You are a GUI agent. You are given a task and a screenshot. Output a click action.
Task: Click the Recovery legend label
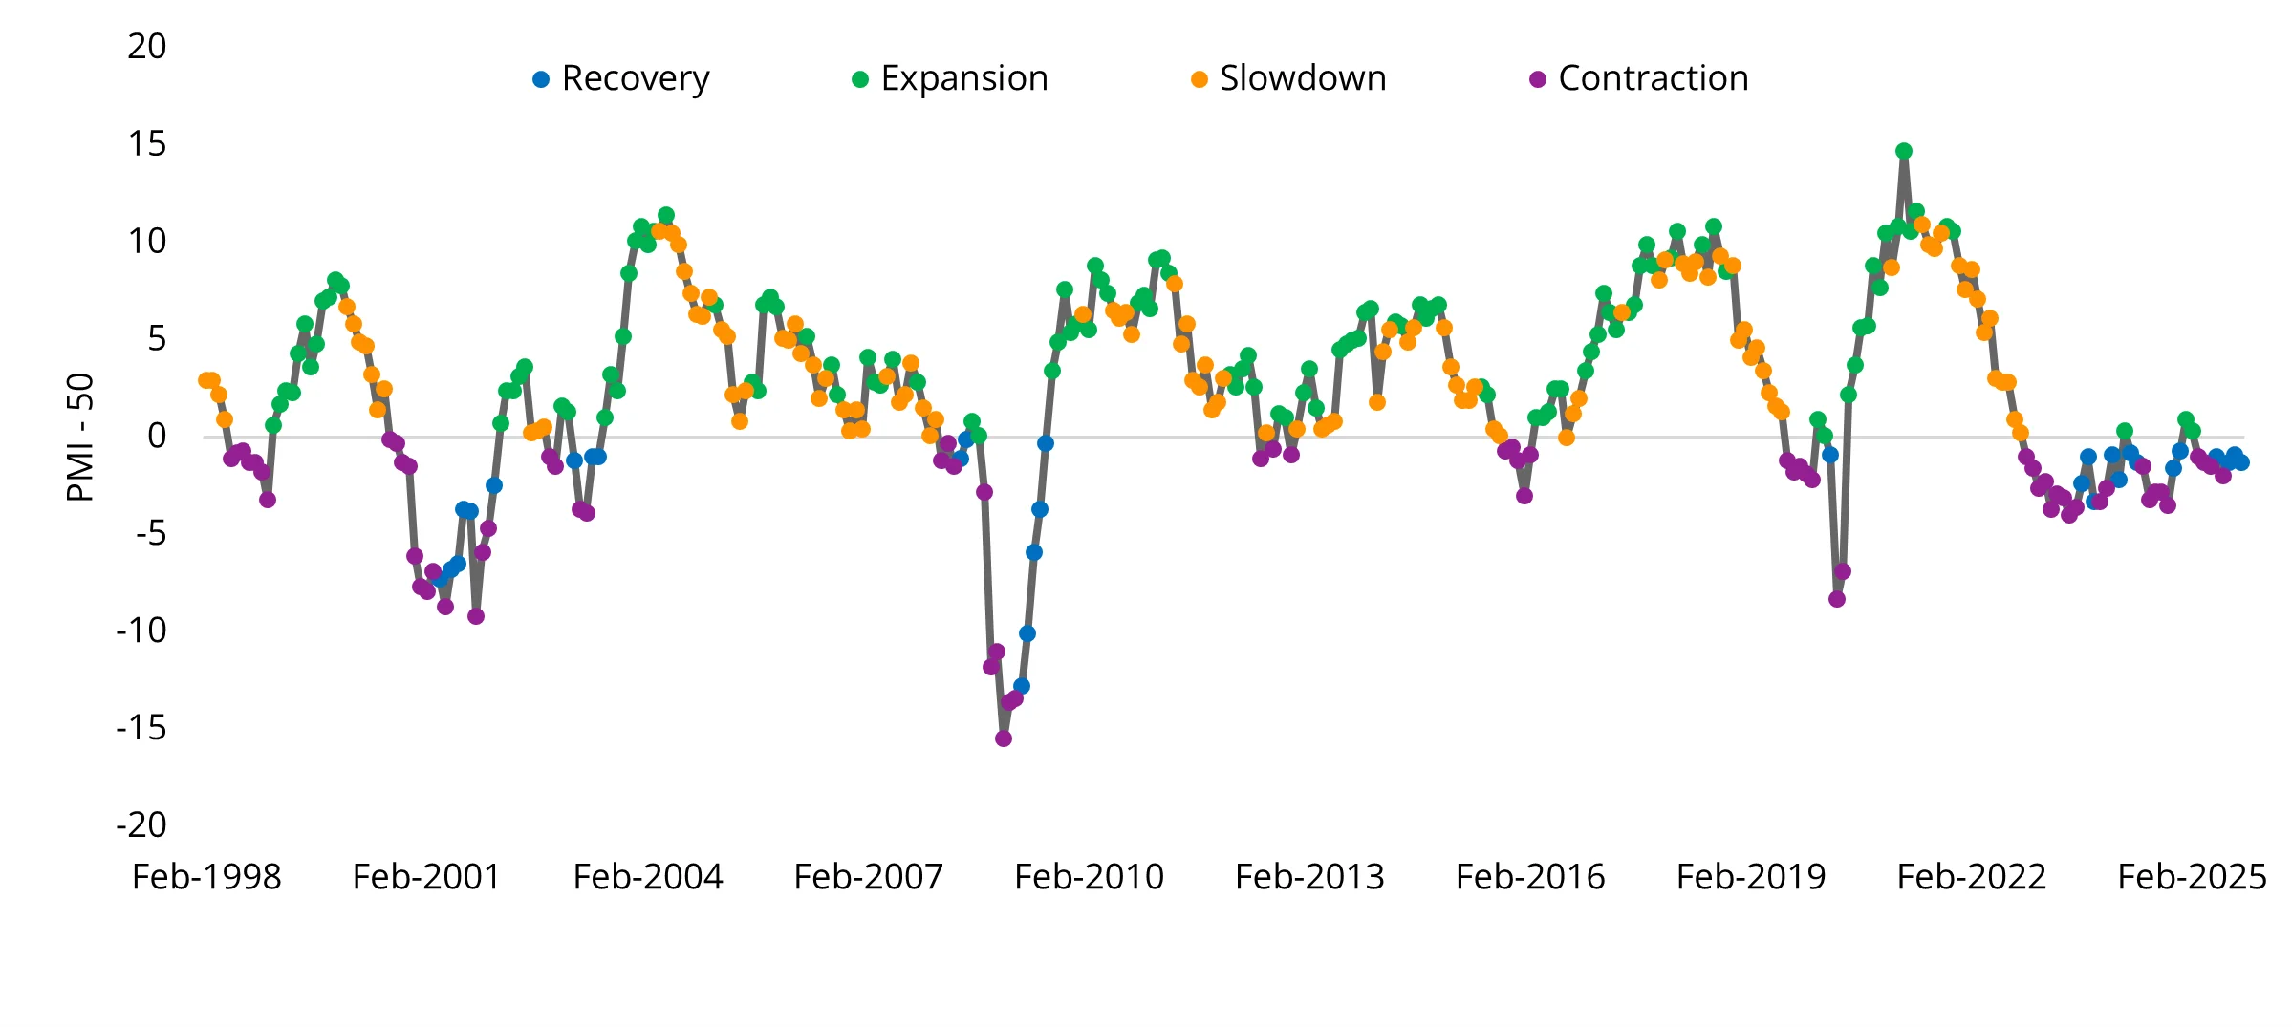pyautogui.click(x=636, y=78)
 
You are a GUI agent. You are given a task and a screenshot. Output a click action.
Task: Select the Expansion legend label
pyautogui.click(x=963, y=78)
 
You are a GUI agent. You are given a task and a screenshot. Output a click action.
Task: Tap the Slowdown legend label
pyautogui.click(x=1302, y=78)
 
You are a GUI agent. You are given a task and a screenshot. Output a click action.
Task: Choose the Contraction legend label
pyautogui.click(x=1653, y=78)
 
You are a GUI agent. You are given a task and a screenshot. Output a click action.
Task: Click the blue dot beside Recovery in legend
pyautogui.click(x=541, y=80)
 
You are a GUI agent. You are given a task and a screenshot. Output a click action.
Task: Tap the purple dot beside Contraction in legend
pyautogui.click(x=1538, y=80)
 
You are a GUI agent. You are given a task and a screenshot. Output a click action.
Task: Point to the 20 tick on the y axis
pyautogui.click(x=147, y=47)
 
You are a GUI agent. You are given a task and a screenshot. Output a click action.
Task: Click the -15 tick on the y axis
pyautogui.click(x=141, y=728)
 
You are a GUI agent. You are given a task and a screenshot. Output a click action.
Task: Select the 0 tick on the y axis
pyautogui.click(x=156, y=436)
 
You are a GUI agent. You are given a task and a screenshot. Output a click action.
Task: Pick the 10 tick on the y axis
pyautogui.click(x=147, y=242)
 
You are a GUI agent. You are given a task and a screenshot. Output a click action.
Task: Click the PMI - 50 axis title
pyautogui.click(x=80, y=437)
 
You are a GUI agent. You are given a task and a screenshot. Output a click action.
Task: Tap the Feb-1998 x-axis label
pyautogui.click(x=206, y=877)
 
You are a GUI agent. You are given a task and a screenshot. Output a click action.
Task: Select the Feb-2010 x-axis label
pyautogui.click(x=1089, y=877)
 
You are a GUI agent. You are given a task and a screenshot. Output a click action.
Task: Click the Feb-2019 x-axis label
pyautogui.click(x=1750, y=877)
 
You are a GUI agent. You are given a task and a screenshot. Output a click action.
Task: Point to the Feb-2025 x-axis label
pyautogui.click(x=2192, y=877)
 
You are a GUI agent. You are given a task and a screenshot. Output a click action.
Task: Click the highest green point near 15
pyautogui.click(x=1904, y=151)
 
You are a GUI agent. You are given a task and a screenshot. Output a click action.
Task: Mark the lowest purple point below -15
pyautogui.click(x=1004, y=738)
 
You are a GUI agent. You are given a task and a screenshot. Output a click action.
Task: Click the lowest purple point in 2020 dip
pyautogui.click(x=1837, y=599)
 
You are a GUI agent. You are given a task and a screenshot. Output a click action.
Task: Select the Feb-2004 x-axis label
pyautogui.click(x=648, y=877)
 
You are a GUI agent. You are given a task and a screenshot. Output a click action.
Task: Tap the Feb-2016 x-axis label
pyautogui.click(x=1530, y=877)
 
